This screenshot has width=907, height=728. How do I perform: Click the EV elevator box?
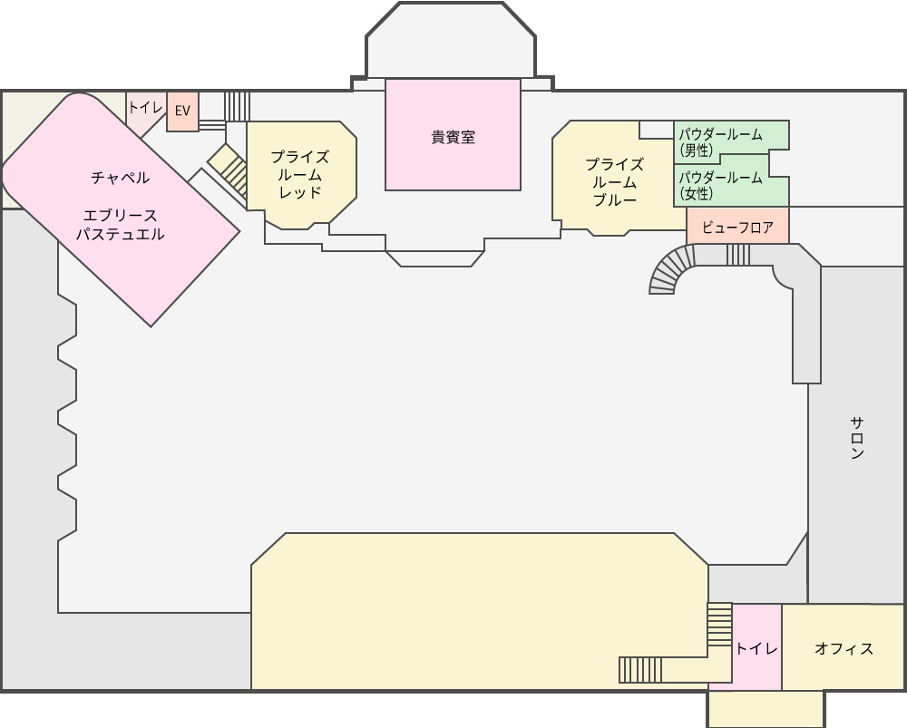pyautogui.click(x=183, y=111)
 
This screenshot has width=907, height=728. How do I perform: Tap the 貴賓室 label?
pyautogui.click(x=453, y=138)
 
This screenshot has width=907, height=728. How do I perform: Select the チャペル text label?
pyautogui.click(x=121, y=178)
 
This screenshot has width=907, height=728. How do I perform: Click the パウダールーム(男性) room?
pyautogui.click(x=731, y=139)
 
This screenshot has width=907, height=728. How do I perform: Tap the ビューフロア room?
pyautogui.click(x=737, y=226)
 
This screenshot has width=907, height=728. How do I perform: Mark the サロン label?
pyautogui.click(x=857, y=438)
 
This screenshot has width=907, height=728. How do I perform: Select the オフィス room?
pyautogui.click(x=843, y=647)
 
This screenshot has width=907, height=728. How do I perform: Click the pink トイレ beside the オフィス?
pyautogui.click(x=756, y=647)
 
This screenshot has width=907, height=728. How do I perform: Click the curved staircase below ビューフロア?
pyautogui.click(x=671, y=267)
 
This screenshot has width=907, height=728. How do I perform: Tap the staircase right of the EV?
pyautogui.click(x=237, y=106)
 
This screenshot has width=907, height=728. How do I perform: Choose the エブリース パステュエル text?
pyautogui.click(x=121, y=225)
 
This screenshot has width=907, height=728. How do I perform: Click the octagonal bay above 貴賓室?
pyautogui.click(x=451, y=41)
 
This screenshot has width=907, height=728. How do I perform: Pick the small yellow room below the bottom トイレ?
pyautogui.click(x=766, y=708)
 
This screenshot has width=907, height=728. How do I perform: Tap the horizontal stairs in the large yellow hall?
pyautogui.click(x=639, y=670)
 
